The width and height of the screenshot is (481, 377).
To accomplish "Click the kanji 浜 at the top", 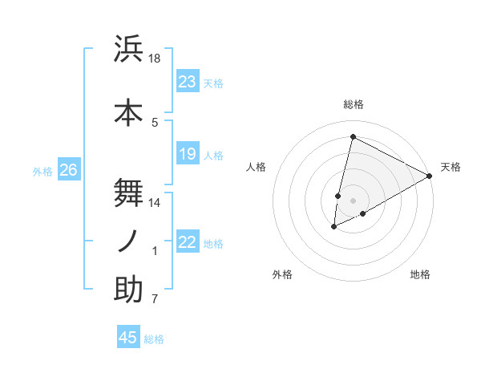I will [128, 49].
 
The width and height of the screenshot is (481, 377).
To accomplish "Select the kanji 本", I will [128, 113].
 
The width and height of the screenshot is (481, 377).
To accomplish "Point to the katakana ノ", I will [128, 241].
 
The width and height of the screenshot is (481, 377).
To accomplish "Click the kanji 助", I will [128, 290].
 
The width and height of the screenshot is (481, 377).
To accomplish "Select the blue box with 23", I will [188, 82].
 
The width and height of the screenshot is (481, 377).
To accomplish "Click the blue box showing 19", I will [188, 154].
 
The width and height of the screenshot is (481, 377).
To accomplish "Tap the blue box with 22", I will [188, 242].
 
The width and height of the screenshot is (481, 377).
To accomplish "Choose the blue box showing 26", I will [68, 170].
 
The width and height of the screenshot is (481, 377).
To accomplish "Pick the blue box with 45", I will [128, 338].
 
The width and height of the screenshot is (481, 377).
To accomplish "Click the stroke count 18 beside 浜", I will [156, 59].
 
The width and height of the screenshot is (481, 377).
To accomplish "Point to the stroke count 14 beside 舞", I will [156, 203].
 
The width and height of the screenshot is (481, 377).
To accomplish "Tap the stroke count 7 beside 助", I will [156, 300].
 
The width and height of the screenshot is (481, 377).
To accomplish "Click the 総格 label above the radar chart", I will [353, 104].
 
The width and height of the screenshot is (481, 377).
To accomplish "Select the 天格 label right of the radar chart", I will [451, 167].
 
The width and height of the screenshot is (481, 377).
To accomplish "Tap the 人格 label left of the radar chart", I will [256, 167].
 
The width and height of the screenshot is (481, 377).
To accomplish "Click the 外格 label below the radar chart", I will [282, 274].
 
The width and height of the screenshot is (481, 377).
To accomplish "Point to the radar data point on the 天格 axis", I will [430, 176].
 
